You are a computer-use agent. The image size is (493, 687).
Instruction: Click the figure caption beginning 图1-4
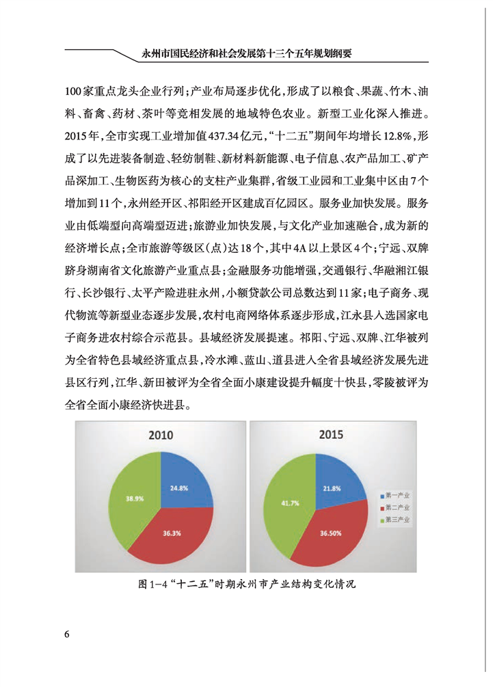tap(246, 585)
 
